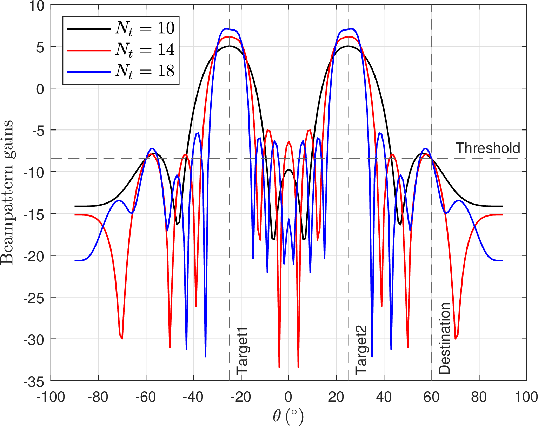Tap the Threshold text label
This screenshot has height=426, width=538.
pyautogui.click(x=488, y=148)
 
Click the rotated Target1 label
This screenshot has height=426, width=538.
pyautogui.click(x=242, y=351)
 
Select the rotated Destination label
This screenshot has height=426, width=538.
pyautogui.click(x=444, y=338)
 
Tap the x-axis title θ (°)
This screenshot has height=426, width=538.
pyautogui.click(x=288, y=417)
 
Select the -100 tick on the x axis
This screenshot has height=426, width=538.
pyautogui.click(x=51, y=397)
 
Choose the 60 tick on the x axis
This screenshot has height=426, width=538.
pyautogui.click(x=431, y=397)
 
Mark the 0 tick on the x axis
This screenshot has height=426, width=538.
pyautogui.click(x=288, y=397)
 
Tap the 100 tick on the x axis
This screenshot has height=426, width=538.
pyautogui.click(x=526, y=397)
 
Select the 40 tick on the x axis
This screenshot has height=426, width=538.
pyautogui.click(x=384, y=397)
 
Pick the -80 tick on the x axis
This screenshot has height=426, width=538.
pyautogui.click(x=98, y=397)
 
